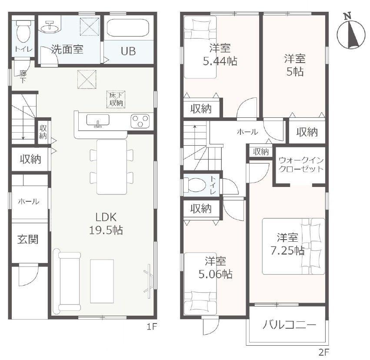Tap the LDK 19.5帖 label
(106, 223)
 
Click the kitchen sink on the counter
(98, 120)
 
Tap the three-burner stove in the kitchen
(140, 121)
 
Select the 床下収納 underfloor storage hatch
(116, 99)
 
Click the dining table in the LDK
(112, 167)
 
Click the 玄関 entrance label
(28, 240)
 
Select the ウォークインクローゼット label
(301, 165)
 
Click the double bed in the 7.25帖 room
(293, 246)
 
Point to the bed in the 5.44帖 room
(200, 47)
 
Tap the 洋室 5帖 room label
(295, 65)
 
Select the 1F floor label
(152, 327)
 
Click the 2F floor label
(324, 353)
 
